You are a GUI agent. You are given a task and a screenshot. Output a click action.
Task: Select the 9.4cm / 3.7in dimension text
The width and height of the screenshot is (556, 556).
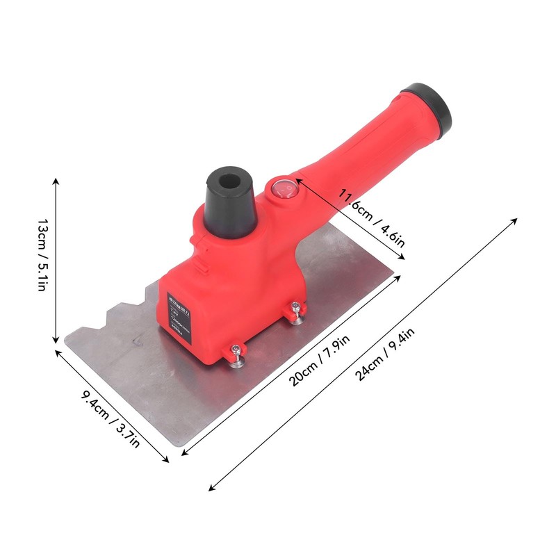click(x=111, y=419)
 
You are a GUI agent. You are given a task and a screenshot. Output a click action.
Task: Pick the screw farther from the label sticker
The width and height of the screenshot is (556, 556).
click(x=297, y=312)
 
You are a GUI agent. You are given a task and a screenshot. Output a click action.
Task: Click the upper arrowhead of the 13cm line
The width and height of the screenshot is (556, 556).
click(x=56, y=180)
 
